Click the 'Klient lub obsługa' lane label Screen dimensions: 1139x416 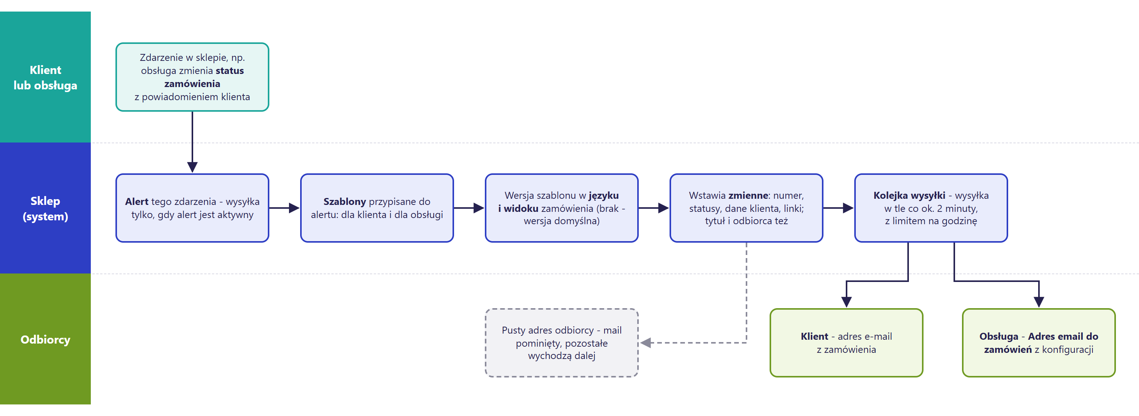45,77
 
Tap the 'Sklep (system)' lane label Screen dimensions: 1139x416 45,208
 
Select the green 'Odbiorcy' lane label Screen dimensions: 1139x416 45,339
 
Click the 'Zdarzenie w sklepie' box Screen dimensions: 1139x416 192,77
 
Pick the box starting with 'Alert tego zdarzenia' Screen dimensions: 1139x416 192,208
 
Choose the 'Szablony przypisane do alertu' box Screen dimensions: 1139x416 377,208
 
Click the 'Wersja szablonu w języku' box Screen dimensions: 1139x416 561,208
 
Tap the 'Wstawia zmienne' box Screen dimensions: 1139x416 747,208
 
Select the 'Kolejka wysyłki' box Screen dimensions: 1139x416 931,208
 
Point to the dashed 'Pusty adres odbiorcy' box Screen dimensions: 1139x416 561,343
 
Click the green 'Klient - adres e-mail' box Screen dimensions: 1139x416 846,343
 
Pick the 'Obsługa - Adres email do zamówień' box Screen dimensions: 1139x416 1039,343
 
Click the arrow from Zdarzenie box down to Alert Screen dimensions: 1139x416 192,142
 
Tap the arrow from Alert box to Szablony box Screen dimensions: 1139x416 284,208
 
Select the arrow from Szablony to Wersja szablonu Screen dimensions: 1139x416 469,208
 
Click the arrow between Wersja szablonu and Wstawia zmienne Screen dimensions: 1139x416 653,208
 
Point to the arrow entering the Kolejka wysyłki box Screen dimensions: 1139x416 838,208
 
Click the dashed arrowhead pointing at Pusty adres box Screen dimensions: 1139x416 646,343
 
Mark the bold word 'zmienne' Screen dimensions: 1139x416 748,195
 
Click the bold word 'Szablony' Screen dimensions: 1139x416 344,202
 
